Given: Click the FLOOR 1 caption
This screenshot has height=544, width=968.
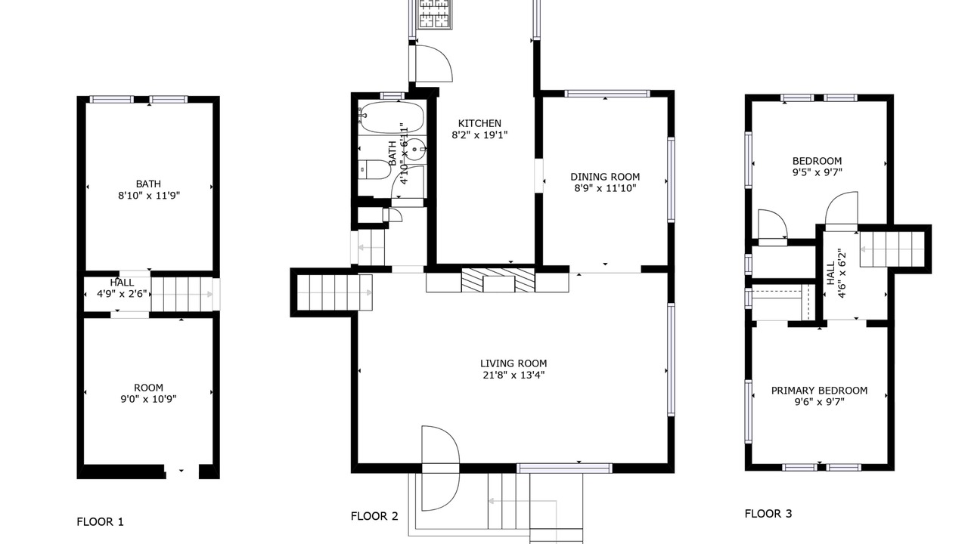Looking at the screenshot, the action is pyautogui.click(x=101, y=522).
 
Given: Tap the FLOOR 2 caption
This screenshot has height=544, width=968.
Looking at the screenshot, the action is pyautogui.click(x=374, y=516).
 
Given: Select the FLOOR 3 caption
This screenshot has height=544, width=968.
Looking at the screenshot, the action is pyautogui.click(x=768, y=514).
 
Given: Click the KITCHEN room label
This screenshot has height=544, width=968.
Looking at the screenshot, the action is pyautogui.click(x=479, y=123).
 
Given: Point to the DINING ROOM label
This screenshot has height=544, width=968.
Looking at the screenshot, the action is pyautogui.click(x=605, y=177).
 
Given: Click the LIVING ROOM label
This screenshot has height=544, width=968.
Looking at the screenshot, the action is pyautogui.click(x=513, y=363).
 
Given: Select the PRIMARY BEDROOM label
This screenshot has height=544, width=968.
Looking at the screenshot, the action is pyautogui.click(x=819, y=391).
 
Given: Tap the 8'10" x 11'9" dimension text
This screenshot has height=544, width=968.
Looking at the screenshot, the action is pyautogui.click(x=149, y=196).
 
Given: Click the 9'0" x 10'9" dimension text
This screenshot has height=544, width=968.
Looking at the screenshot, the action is pyautogui.click(x=149, y=399).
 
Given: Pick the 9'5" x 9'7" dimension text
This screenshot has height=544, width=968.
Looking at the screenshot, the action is pyautogui.click(x=818, y=172).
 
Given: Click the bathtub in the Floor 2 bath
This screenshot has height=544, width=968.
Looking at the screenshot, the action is pyautogui.click(x=392, y=117).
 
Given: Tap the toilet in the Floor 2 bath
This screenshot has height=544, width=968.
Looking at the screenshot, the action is pyautogui.click(x=374, y=170).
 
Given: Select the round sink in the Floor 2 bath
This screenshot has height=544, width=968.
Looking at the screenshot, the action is pyautogui.click(x=416, y=150).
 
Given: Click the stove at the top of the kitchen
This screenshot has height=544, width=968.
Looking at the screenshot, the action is pyautogui.click(x=434, y=14).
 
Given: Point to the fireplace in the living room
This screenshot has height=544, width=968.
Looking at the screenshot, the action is pyautogui.click(x=498, y=280).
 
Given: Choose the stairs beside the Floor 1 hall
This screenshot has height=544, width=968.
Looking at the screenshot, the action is pyautogui.click(x=182, y=294).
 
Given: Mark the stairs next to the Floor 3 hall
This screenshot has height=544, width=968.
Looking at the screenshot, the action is pyautogui.click(x=892, y=249).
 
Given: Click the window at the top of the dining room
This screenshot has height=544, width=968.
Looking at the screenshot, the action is pyautogui.click(x=607, y=94).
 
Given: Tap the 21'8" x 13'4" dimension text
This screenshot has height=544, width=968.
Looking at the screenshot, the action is pyautogui.click(x=513, y=375).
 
